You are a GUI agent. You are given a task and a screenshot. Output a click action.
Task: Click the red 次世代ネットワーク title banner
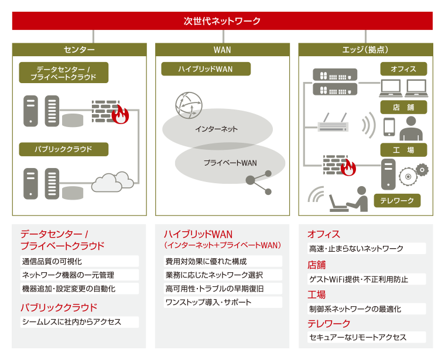[222, 20]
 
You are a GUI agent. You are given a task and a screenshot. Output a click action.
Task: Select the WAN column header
[222, 50]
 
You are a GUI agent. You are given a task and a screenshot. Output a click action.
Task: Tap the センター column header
[79, 50]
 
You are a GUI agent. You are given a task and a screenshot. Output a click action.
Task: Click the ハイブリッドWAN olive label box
[206, 69]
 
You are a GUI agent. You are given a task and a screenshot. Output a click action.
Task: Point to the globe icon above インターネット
[189, 105]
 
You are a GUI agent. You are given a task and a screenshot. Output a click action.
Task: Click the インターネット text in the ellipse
[216, 129]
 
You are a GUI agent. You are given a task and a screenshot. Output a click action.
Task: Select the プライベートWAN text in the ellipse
[230, 163]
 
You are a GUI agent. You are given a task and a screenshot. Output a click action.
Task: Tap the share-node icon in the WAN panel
[259, 183]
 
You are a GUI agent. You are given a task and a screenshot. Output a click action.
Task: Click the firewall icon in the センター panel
[110, 112]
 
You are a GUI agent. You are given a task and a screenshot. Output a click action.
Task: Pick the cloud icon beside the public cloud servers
[112, 182]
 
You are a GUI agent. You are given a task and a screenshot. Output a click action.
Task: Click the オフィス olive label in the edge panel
[403, 69]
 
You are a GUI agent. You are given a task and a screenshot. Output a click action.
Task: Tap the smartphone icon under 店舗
[389, 127]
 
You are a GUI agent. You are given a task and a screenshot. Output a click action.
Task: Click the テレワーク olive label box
[397, 201]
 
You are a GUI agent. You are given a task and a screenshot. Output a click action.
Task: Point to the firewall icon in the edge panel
[340, 165]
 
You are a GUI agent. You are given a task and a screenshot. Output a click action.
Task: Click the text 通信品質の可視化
[52, 261]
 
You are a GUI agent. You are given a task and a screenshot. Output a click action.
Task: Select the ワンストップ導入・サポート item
[208, 302]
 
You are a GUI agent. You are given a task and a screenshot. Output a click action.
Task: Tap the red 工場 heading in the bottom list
[316, 294]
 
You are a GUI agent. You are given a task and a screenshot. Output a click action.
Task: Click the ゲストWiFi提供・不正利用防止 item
[358, 279]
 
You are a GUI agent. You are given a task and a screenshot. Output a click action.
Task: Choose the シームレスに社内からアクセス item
[71, 322]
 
